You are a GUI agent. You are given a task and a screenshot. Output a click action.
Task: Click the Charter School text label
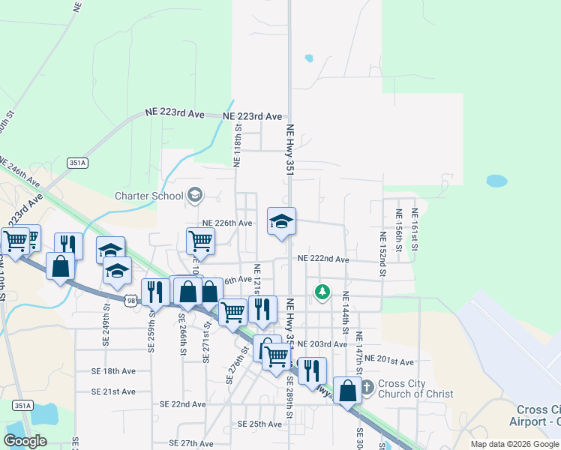tap(148, 196)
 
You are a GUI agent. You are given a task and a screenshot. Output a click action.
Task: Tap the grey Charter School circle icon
tap(195, 196)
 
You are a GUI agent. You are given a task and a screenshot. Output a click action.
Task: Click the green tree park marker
tap(322, 292)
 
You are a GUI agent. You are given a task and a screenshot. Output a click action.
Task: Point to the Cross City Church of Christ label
tap(415, 388)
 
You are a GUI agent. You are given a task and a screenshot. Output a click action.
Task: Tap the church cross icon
tap(367, 388)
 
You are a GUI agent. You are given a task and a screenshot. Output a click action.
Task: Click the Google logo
tap(25, 441)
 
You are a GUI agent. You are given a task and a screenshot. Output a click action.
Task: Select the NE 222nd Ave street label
tap(323, 259)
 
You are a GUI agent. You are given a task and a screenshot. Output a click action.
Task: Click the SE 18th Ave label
tap(113, 371)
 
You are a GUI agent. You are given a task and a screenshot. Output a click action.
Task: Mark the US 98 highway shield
tap(132, 301)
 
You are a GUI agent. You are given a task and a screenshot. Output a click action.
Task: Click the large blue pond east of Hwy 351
tap(496, 181)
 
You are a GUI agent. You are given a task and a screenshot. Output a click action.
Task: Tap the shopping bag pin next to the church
tap(347, 391)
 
